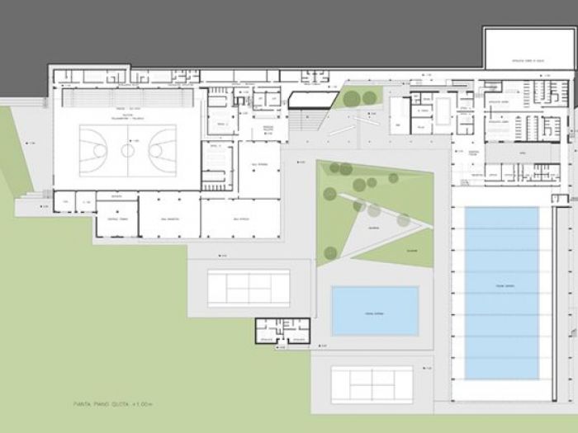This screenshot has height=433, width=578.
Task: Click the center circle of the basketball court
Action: [127, 150]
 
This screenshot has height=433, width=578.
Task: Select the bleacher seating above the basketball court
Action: [128, 98]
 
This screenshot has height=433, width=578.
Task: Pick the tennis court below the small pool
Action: [372, 384]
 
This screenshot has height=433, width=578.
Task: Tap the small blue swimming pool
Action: [375, 311]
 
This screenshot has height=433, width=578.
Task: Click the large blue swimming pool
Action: [501, 291]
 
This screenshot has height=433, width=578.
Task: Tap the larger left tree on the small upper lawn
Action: [353, 99]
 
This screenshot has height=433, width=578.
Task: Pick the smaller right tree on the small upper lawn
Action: [369, 98]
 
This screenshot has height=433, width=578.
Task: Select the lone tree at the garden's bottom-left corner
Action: [330, 252]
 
